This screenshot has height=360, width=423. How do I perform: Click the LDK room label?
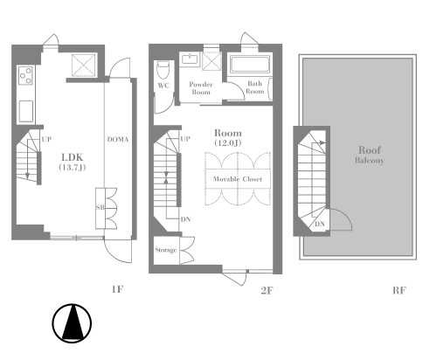click(73, 157)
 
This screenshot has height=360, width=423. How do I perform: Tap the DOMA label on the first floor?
click(118, 140)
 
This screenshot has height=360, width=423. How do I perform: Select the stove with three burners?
click(25, 75)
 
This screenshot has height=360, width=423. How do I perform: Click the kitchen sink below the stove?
click(26, 112)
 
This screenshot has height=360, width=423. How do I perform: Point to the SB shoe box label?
click(101, 208)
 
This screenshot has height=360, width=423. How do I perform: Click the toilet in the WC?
click(163, 70)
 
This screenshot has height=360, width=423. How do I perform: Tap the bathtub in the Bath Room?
click(250, 65)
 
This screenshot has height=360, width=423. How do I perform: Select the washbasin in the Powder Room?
click(190, 59)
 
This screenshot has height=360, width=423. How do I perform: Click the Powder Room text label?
click(201, 88)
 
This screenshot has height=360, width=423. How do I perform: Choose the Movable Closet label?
click(238, 179)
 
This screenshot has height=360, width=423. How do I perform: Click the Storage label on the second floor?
click(166, 250)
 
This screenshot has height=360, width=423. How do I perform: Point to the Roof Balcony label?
click(370, 155)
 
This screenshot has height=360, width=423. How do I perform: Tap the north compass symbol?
click(72, 323)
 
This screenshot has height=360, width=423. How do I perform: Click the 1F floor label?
click(117, 289)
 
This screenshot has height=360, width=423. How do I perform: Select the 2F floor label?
click(267, 291)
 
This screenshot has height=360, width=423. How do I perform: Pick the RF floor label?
click(399, 290)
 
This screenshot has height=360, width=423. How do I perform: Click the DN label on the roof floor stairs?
click(320, 224)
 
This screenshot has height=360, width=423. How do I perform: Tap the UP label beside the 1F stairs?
click(46, 139)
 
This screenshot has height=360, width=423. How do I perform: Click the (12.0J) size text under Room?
click(228, 143)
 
